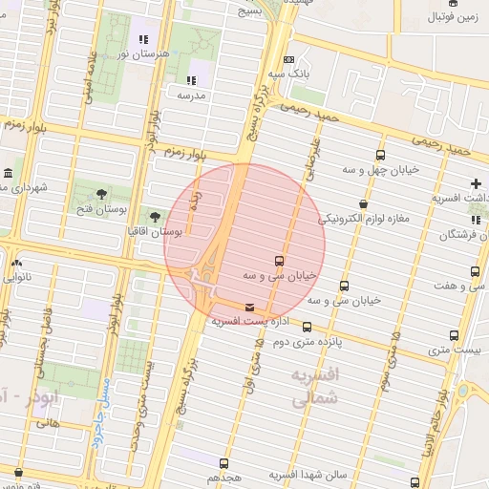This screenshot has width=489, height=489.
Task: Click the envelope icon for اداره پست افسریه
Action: tap(250, 308)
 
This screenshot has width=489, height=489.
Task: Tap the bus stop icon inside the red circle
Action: tap(279, 260)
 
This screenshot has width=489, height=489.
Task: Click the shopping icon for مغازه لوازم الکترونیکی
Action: tap(363, 203)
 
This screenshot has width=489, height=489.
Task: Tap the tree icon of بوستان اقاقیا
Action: tap(156, 218)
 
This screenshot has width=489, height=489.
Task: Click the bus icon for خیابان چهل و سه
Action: tap(381, 155)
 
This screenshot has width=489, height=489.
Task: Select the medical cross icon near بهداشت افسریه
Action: tap(477, 183)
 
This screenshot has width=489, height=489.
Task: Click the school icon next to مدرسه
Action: tap(191, 81)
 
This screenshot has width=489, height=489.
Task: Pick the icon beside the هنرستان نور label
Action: tap(143, 39)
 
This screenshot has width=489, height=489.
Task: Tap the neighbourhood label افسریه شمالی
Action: tap(314, 389)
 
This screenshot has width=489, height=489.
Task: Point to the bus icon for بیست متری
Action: tap(454, 335)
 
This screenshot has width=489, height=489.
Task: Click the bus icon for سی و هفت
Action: tap(476, 271)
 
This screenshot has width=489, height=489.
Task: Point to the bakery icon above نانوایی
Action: tap(16, 262)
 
